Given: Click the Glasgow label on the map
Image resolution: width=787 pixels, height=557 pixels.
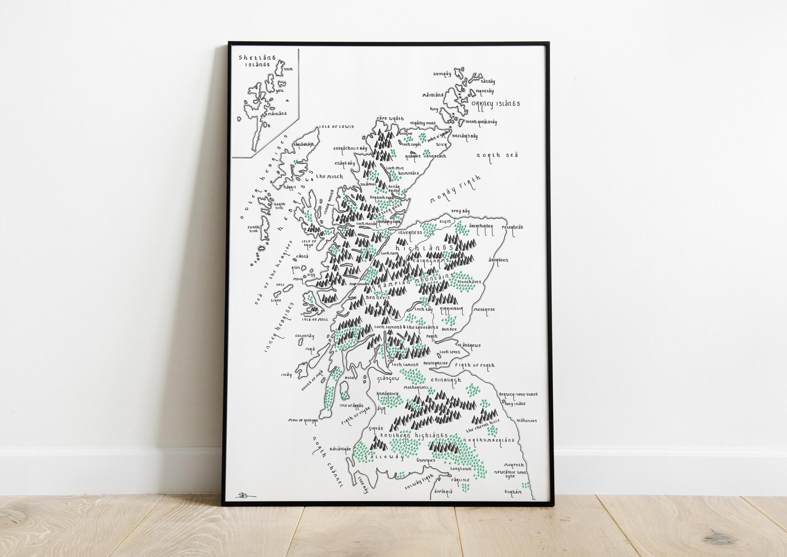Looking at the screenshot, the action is click(388, 379).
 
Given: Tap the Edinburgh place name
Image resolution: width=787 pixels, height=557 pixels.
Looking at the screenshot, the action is click(446, 380).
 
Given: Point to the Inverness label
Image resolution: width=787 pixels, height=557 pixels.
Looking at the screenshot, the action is click(410, 233).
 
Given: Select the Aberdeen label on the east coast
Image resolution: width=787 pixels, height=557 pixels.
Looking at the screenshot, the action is click(498, 260).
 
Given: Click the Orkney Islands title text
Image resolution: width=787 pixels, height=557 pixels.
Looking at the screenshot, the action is click(495, 104).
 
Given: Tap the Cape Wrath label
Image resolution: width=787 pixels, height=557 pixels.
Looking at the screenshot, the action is click(390, 118).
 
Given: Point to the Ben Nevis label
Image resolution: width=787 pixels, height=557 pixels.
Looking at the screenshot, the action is click(378, 298).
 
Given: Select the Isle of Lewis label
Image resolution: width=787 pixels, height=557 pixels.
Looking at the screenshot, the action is click(336, 127).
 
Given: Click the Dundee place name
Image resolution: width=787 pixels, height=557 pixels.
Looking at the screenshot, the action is click(449, 329).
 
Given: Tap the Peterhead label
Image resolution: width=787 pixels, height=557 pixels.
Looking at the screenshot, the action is click(512, 227).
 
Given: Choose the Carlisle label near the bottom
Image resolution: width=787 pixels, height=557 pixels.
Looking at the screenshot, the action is click(460, 480).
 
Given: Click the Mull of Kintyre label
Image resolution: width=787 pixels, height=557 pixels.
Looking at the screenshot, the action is click(303, 420).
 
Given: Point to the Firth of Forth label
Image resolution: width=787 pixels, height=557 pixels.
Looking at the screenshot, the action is click(475, 366).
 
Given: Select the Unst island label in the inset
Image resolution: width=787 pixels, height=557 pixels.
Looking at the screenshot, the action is click(288, 69).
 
